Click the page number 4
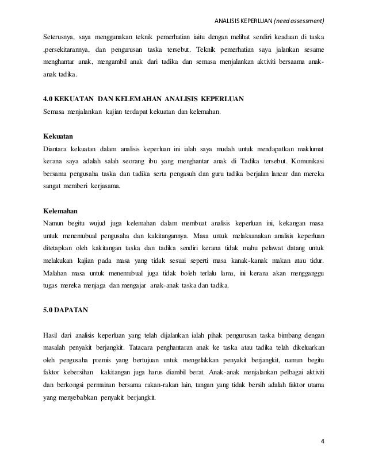(322, 442)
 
